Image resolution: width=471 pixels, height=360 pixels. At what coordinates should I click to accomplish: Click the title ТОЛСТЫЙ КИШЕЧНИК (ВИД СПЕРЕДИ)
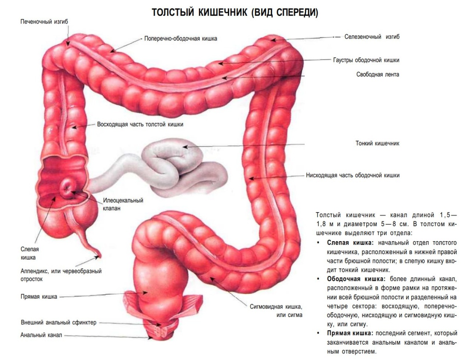point(235,13)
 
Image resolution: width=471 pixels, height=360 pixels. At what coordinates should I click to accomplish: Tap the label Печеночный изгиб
point(44,22)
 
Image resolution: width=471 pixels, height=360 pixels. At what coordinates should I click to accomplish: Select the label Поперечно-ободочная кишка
point(181,38)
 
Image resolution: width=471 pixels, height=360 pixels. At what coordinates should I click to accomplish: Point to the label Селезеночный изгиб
point(372,36)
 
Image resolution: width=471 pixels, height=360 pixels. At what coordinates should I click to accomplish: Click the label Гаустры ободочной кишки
point(366,60)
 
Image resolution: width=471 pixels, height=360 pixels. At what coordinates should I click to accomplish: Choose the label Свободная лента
point(378,74)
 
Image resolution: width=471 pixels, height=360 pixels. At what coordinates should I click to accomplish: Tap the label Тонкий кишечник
point(378,144)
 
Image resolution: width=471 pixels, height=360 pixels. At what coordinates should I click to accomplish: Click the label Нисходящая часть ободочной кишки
point(353,175)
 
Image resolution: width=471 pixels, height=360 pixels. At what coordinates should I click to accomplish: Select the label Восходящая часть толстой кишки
point(140,124)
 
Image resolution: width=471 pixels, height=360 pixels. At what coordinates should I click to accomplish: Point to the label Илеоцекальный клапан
point(123,204)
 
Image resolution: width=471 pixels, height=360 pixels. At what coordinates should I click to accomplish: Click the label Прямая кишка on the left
point(39,296)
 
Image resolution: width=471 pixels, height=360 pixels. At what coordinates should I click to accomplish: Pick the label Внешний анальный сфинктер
point(58,323)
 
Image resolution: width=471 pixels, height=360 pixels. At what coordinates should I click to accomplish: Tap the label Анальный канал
point(41,335)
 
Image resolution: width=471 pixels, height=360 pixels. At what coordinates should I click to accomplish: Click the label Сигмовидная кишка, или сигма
point(276,311)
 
